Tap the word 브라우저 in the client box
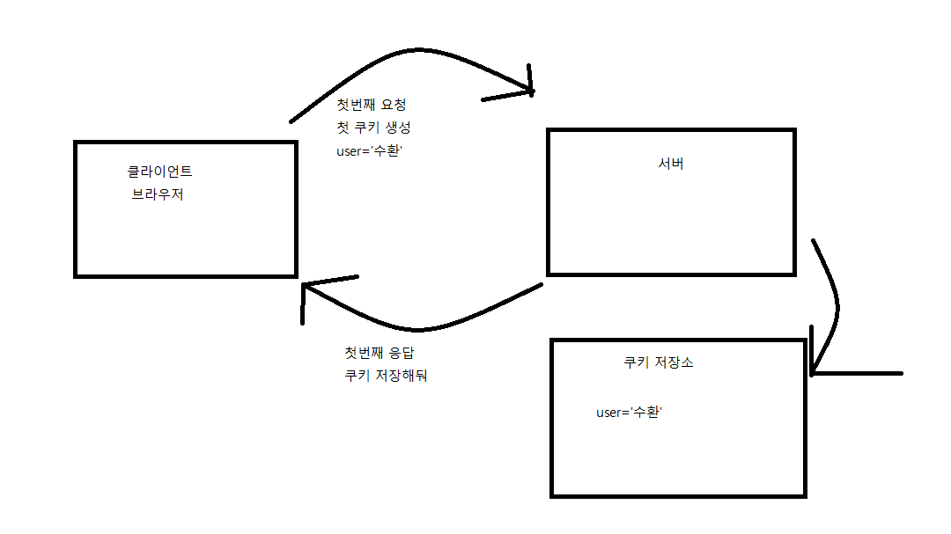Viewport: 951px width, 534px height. [158, 194]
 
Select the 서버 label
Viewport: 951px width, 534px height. [670, 164]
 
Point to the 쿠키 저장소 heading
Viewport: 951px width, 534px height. [658, 362]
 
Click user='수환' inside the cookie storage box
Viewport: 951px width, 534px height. [629, 413]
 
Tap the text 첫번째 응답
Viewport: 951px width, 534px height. [379, 353]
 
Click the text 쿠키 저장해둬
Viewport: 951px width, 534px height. [386, 376]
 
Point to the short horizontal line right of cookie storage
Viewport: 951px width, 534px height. [859, 373]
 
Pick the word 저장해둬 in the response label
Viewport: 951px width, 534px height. [401, 376]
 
